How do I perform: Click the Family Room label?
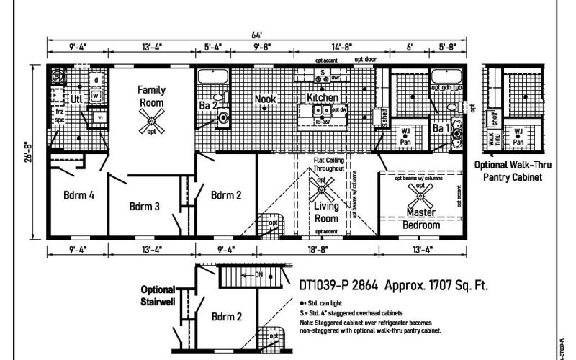tap(152, 95)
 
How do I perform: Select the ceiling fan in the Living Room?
tap(321, 190)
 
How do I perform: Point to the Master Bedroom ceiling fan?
tap(418, 192)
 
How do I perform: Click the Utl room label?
tap(77, 99)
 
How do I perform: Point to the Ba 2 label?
tap(208, 106)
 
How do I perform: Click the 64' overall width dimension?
tap(256, 34)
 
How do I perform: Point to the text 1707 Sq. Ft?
tap(454, 284)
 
